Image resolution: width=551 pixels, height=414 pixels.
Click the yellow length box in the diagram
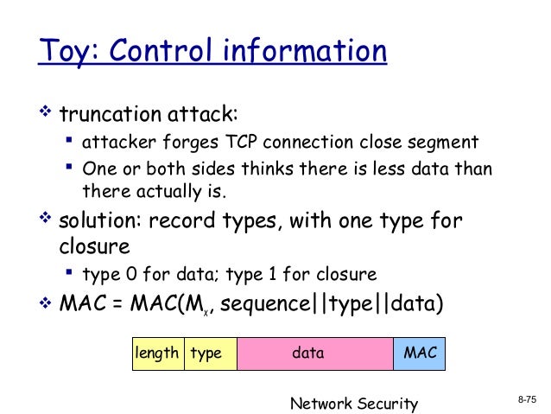point(157,353)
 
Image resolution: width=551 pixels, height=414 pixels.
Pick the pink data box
point(308,353)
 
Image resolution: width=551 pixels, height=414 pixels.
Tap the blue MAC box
point(419,353)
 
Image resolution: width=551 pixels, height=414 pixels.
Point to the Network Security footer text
point(353,403)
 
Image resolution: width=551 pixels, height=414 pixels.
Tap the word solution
point(96,221)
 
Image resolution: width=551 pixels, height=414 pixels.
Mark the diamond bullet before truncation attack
point(47,113)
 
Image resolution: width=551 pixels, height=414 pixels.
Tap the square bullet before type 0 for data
point(68,275)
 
